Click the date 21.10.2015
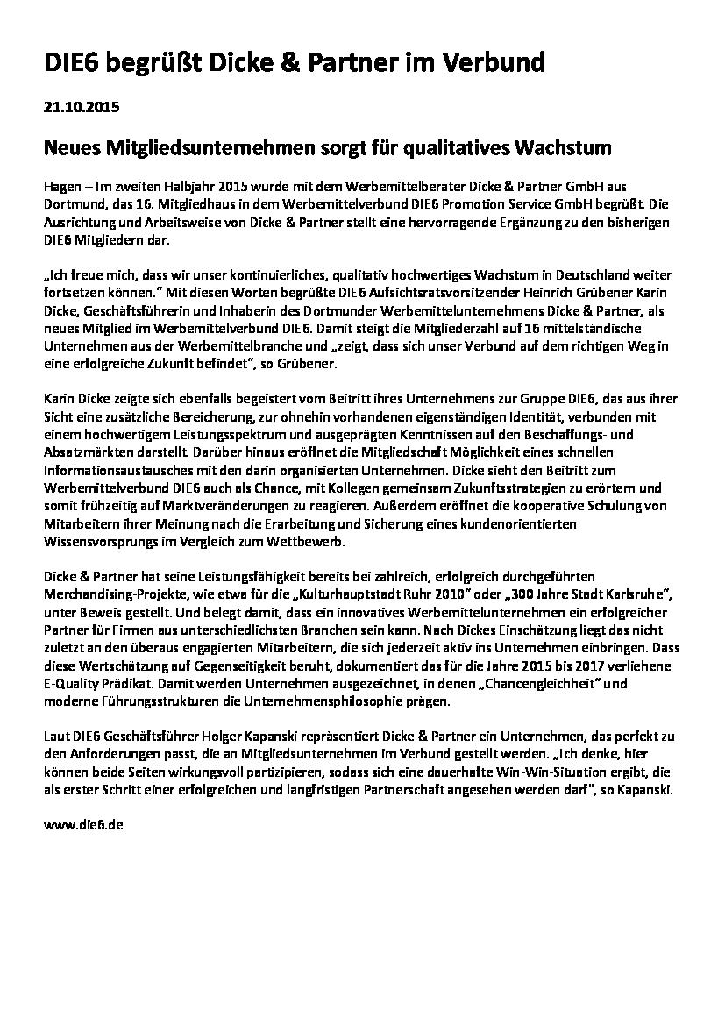click(x=81, y=109)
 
